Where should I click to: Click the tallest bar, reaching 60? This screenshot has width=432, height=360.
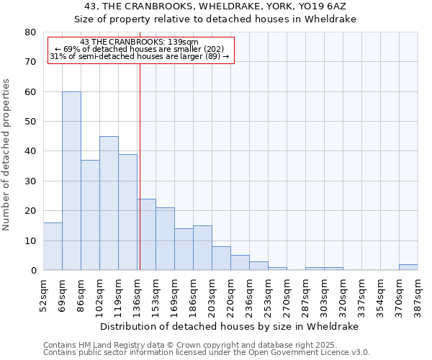click(71, 181)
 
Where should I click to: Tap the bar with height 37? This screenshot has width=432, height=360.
click(90, 215)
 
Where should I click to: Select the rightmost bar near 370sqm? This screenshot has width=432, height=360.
click(408, 267)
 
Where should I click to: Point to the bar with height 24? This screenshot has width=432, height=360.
click(147, 235)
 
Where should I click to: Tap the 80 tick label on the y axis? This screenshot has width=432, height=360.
click(30, 32)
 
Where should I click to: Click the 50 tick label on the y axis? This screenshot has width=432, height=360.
click(30, 122)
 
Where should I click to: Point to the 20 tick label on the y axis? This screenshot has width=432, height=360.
click(30, 211)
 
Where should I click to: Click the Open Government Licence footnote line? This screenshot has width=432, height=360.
click(206, 352)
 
